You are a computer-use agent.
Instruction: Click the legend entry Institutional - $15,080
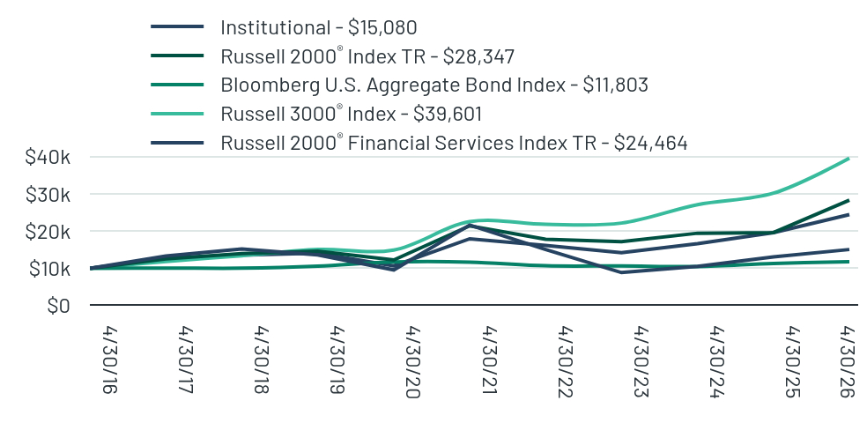click(x=318, y=27)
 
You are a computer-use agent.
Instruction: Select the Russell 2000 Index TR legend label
click(x=367, y=56)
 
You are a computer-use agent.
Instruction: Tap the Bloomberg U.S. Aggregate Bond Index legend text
click(x=434, y=85)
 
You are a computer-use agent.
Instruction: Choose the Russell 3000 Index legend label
click(x=351, y=114)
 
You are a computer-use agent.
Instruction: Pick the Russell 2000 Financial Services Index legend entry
click(x=454, y=143)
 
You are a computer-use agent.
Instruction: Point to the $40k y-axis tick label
click(x=48, y=157)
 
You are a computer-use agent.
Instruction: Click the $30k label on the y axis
click(x=48, y=195)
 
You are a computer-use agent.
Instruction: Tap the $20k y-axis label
click(x=48, y=232)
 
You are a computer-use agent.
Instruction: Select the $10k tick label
click(x=49, y=269)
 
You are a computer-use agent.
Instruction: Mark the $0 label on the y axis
click(x=59, y=305)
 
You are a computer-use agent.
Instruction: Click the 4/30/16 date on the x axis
click(x=111, y=360)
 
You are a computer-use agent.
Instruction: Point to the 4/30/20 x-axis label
click(x=413, y=362)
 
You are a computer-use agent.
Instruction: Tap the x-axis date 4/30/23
click(x=641, y=362)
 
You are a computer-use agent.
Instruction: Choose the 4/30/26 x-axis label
click(x=846, y=362)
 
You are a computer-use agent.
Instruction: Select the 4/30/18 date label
click(x=262, y=360)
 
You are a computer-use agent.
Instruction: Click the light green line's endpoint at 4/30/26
click(x=848, y=159)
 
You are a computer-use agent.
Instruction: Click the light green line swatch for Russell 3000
click(x=177, y=114)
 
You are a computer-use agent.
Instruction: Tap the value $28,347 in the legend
click(x=478, y=56)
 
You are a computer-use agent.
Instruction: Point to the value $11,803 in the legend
click(x=615, y=85)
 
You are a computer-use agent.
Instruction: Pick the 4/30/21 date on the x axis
click(x=490, y=359)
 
